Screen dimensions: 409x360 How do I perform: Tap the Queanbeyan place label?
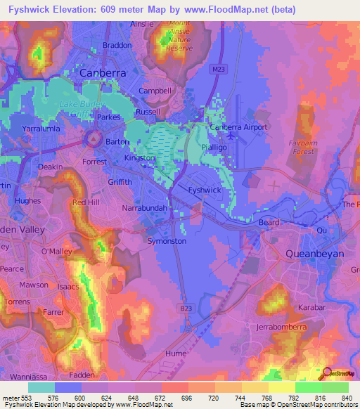[314, 252]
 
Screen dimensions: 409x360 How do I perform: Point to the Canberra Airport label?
[240, 127]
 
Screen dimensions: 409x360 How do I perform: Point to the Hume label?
[175, 353]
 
